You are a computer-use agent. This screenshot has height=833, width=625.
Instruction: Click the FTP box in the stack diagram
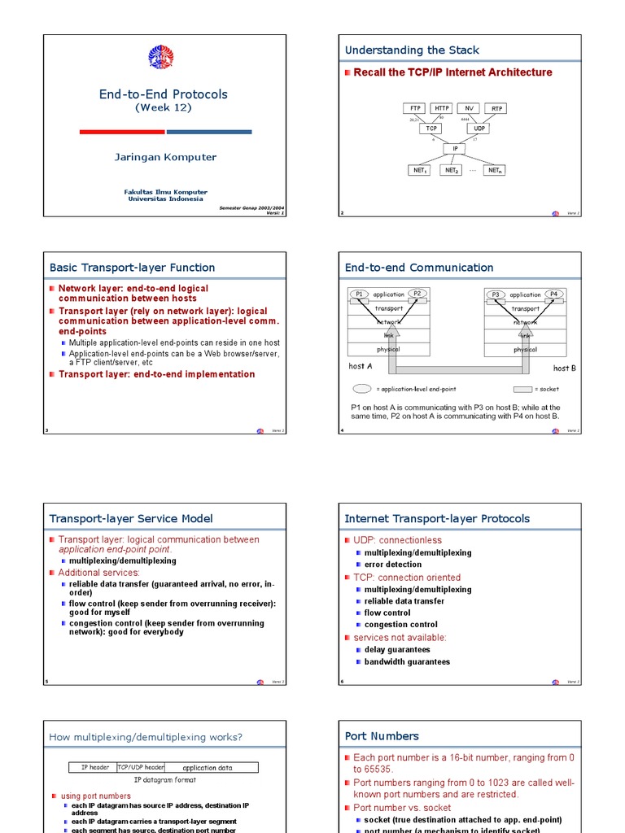coord(415,108)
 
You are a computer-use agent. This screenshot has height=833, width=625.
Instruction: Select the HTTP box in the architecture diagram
coord(441,108)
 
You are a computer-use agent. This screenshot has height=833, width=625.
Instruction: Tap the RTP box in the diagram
coord(496,108)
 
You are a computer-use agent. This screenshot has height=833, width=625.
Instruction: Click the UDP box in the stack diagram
coord(480,129)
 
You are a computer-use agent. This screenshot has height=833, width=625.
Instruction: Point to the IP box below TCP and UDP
coord(455,149)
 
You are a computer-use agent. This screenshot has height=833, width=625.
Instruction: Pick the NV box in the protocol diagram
coord(469,108)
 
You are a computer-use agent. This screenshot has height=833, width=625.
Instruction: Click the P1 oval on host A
coord(359,294)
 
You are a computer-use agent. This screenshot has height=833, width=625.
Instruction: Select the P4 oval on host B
coord(553,294)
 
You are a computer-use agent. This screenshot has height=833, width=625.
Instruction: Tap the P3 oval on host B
coord(495,294)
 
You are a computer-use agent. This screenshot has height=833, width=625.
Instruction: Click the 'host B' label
coord(565,368)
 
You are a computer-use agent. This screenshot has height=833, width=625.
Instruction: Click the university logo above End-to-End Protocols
coord(161,57)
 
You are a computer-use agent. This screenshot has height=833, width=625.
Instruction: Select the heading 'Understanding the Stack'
coord(412,50)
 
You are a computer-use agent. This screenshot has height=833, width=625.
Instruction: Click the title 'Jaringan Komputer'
coord(165,157)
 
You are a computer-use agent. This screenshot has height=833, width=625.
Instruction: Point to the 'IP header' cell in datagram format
coord(95,767)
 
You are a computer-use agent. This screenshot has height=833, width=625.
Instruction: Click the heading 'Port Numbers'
coord(382,736)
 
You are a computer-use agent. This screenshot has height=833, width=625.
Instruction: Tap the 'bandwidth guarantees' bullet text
coord(407,662)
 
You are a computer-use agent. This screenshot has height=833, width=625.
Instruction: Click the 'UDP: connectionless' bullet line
coord(397,540)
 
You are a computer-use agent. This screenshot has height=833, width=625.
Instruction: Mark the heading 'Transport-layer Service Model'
coord(131,518)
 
